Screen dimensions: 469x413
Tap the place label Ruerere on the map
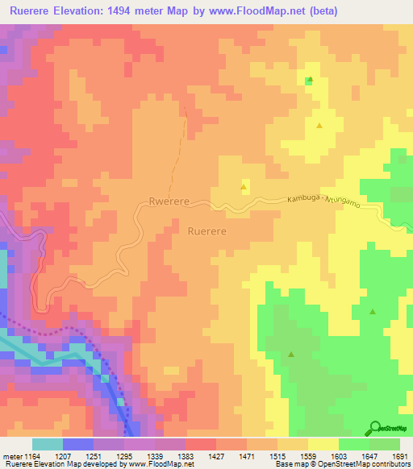(x=206, y=230)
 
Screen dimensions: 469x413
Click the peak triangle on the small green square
(x=310, y=80)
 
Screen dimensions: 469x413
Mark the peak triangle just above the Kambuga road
(x=244, y=187)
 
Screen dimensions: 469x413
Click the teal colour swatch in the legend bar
(x=47, y=444)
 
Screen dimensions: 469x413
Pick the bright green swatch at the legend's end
(x=385, y=444)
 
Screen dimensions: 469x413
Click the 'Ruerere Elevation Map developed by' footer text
(x=53, y=464)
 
